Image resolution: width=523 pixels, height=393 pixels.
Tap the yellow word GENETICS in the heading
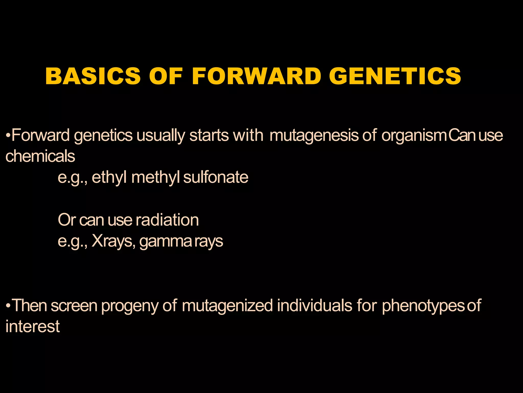(395, 76)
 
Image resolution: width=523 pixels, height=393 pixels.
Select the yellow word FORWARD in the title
(256, 76)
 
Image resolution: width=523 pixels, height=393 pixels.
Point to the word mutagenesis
(314, 135)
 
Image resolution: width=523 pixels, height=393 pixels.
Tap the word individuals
(315, 305)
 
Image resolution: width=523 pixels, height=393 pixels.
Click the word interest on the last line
(33, 326)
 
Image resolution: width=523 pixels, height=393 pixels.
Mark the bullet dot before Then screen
(8, 305)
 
